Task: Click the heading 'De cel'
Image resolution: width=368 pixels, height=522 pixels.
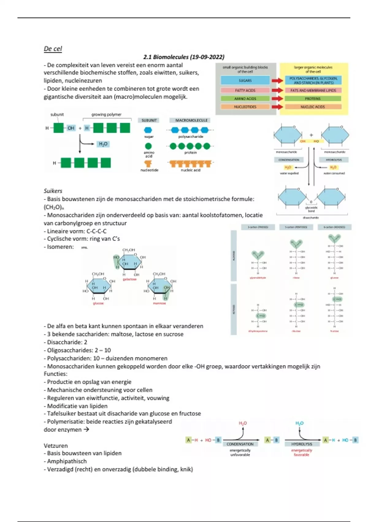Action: pyautogui.click(x=53, y=49)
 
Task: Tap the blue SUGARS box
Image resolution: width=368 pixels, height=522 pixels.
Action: pyautogui.click(x=245, y=80)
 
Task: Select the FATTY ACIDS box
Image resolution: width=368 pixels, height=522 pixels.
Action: pyautogui.click(x=245, y=90)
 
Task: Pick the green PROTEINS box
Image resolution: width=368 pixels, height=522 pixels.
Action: pyautogui.click(x=312, y=99)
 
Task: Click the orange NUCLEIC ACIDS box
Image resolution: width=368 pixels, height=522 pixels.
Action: pyautogui.click(x=312, y=107)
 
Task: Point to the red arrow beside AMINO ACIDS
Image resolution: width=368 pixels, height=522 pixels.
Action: pyautogui.click(x=277, y=99)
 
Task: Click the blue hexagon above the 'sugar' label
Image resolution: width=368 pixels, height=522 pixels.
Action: pyautogui.click(x=148, y=130)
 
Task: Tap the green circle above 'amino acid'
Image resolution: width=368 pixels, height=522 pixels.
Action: pyautogui.click(x=148, y=146)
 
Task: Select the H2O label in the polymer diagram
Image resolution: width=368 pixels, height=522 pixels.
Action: pyautogui.click(x=103, y=144)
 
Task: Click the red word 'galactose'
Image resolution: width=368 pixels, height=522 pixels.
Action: pyautogui.click(x=130, y=279)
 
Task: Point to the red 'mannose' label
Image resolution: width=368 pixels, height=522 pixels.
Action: pyautogui.click(x=159, y=303)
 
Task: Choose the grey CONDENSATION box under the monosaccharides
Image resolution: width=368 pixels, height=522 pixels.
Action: pyautogui.click(x=289, y=160)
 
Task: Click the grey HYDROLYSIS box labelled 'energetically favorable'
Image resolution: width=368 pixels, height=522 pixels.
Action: pyautogui.click(x=301, y=444)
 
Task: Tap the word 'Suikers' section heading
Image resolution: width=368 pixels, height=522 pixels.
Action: pyautogui.click(x=53, y=191)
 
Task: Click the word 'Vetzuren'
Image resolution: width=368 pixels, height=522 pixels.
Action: pyautogui.click(x=56, y=446)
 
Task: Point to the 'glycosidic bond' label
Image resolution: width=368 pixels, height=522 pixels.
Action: pyautogui.click(x=311, y=209)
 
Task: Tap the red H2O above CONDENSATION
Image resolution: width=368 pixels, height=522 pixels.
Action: pyautogui.click(x=243, y=423)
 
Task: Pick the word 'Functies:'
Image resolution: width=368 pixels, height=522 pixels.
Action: pyautogui.click(x=56, y=374)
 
